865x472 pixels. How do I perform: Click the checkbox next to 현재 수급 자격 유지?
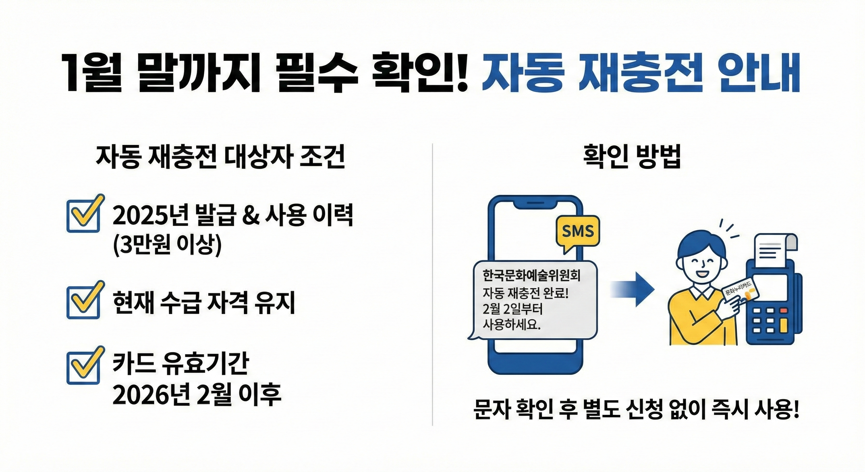click(83, 302)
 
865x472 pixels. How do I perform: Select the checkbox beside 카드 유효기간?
click(83, 368)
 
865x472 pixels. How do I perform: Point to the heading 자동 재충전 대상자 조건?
click(221, 157)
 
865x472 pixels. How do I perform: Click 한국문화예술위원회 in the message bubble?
click(531, 276)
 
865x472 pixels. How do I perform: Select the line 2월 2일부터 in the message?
click(513, 309)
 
